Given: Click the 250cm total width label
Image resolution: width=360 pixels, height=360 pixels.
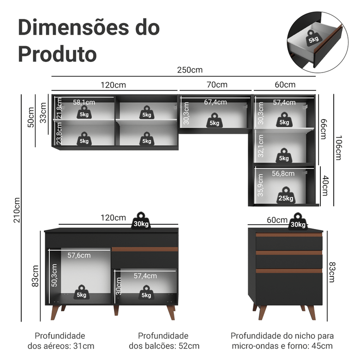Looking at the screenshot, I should click(190, 70).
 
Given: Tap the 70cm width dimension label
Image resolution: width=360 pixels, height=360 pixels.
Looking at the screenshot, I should click(217, 84).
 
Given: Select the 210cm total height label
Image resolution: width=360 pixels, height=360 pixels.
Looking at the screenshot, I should click(17, 210).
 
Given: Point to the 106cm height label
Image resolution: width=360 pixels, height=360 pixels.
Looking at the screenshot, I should click(340, 148).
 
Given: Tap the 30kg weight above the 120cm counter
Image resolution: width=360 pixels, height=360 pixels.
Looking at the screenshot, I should click(141, 220).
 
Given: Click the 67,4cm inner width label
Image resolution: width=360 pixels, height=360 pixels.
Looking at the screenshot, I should click(216, 102).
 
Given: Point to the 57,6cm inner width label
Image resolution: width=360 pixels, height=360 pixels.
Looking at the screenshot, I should click(79, 255).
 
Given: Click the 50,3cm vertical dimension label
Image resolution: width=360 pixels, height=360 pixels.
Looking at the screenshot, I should click(54, 274).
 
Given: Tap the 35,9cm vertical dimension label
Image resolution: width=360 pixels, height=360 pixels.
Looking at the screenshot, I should click(260, 185).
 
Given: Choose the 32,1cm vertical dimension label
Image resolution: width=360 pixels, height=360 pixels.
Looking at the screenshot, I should click(260, 146).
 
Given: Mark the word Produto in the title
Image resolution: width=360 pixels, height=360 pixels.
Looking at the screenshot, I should click(58, 54).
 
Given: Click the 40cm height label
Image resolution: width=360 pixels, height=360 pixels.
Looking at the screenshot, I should click(326, 185).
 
